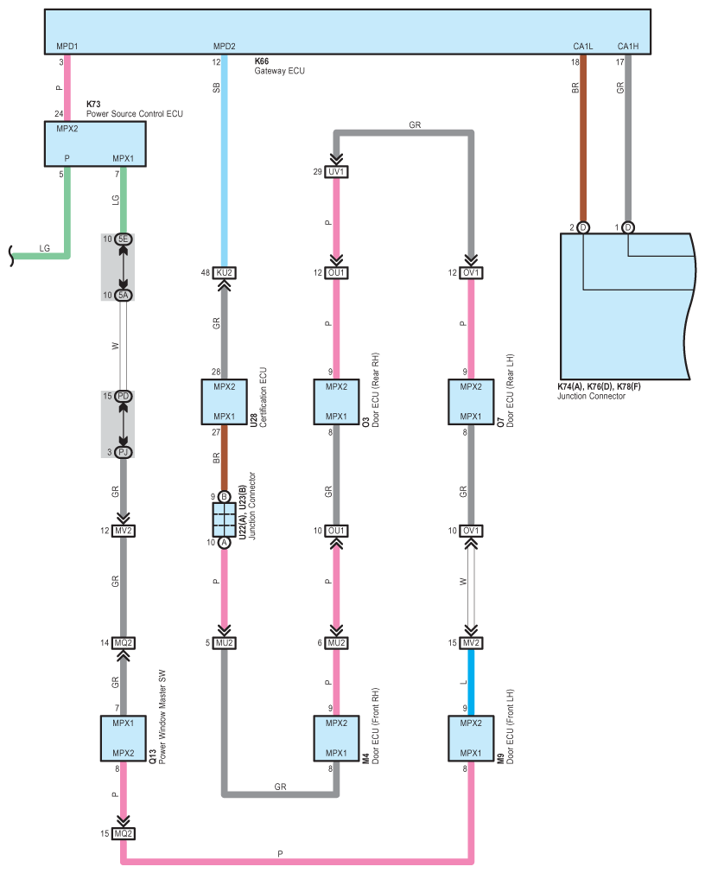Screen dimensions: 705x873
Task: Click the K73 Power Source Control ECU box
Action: pos(95,143)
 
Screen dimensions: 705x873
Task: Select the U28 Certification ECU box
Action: pos(225,402)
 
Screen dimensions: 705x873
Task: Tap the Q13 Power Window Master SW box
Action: pos(123,738)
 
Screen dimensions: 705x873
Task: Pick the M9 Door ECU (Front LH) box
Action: pos(471,738)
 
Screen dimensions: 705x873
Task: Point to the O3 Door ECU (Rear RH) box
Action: pos(336,402)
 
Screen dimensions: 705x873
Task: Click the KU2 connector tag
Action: pos(225,273)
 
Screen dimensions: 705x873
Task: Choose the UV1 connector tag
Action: pos(336,171)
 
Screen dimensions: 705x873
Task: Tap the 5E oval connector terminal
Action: pos(123,239)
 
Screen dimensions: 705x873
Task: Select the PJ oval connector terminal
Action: pos(123,452)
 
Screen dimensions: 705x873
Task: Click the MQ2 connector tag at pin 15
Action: pos(123,833)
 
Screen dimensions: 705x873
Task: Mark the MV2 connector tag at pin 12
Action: pos(123,531)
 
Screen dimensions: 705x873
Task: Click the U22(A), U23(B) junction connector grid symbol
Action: pos(225,519)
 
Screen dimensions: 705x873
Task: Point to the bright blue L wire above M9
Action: pos(471,682)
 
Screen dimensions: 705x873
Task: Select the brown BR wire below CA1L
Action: pos(583,138)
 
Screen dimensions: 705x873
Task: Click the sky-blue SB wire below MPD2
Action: pos(225,161)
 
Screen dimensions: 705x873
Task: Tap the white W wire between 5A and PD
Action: pos(123,346)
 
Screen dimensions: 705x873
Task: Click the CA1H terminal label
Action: pos(627,46)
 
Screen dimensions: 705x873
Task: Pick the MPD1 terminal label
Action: pos(67,46)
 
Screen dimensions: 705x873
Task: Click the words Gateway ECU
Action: pos(279,71)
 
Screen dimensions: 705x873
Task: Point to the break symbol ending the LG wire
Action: pos(11,257)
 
